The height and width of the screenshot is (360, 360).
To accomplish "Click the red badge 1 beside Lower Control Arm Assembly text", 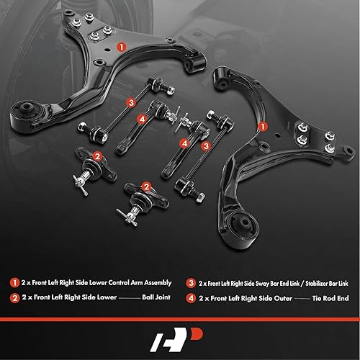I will coord(12,283).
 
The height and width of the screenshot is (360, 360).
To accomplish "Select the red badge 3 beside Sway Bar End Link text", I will coord(190,283).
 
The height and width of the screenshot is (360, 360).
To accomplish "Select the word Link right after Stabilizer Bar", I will coord(342,283).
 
